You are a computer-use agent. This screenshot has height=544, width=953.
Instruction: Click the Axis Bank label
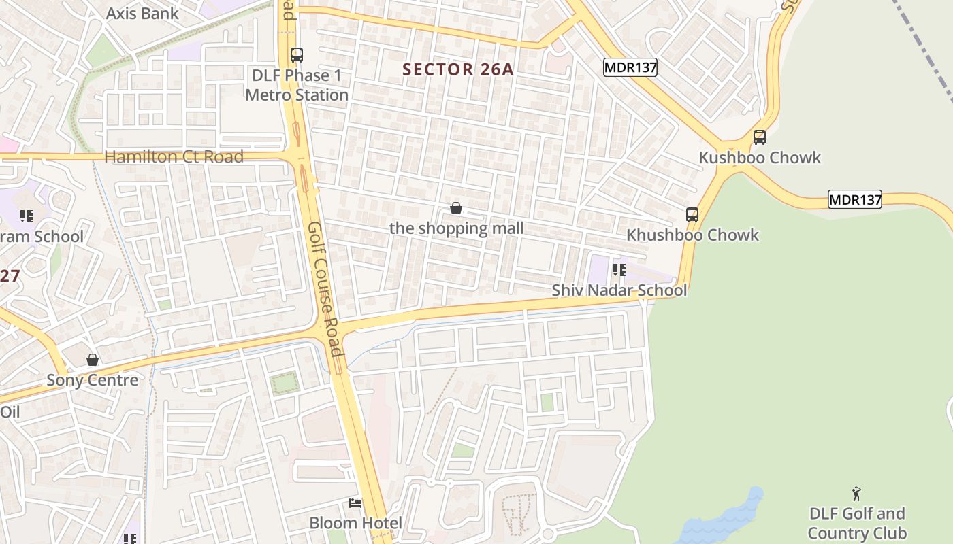(142, 13)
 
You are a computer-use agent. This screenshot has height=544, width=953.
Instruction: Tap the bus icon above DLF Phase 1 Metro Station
(296, 55)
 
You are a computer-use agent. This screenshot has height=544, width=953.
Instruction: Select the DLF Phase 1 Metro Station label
(297, 85)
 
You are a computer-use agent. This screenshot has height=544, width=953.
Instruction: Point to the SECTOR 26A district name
(457, 69)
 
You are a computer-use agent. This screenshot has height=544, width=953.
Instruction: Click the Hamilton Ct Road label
(174, 156)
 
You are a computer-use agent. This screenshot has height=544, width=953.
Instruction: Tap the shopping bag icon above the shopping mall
(456, 208)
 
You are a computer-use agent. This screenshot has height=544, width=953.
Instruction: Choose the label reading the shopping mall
(456, 228)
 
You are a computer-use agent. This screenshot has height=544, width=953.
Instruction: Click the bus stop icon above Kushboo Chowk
(760, 137)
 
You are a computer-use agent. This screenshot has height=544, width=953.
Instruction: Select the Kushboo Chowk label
(760, 158)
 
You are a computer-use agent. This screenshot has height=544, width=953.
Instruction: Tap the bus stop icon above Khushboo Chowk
(692, 215)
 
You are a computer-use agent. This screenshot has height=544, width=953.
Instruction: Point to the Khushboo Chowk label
(692, 235)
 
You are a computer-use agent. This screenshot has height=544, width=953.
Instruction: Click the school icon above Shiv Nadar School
(619, 270)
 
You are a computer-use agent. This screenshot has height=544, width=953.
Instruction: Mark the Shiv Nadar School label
(619, 290)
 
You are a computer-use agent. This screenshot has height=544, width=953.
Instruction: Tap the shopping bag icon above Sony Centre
(93, 360)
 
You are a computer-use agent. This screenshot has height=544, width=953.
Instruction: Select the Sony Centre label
(93, 380)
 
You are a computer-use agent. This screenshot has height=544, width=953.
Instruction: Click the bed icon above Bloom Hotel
(355, 503)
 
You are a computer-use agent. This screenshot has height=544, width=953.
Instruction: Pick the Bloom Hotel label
(355, 523)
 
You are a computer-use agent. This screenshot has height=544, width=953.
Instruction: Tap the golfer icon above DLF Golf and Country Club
(857, 494)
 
